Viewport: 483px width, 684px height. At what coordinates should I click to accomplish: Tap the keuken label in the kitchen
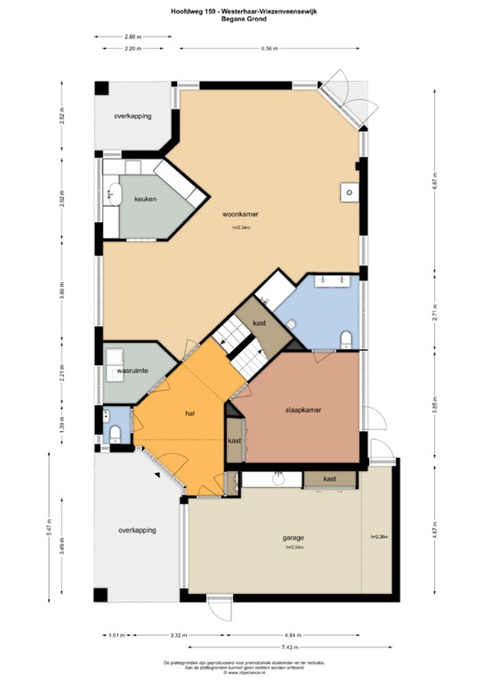click(146, 199)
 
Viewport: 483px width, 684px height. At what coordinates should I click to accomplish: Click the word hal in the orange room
click(189, 414)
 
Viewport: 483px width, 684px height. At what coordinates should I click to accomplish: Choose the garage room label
click(294, 539)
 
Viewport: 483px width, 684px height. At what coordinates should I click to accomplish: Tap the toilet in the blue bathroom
click(347, 337)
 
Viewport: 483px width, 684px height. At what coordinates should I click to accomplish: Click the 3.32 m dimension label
click(177, 635)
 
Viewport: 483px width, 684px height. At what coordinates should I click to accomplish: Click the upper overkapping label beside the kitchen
click(133, 117)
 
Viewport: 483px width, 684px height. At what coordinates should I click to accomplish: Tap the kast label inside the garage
click(329, 479)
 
